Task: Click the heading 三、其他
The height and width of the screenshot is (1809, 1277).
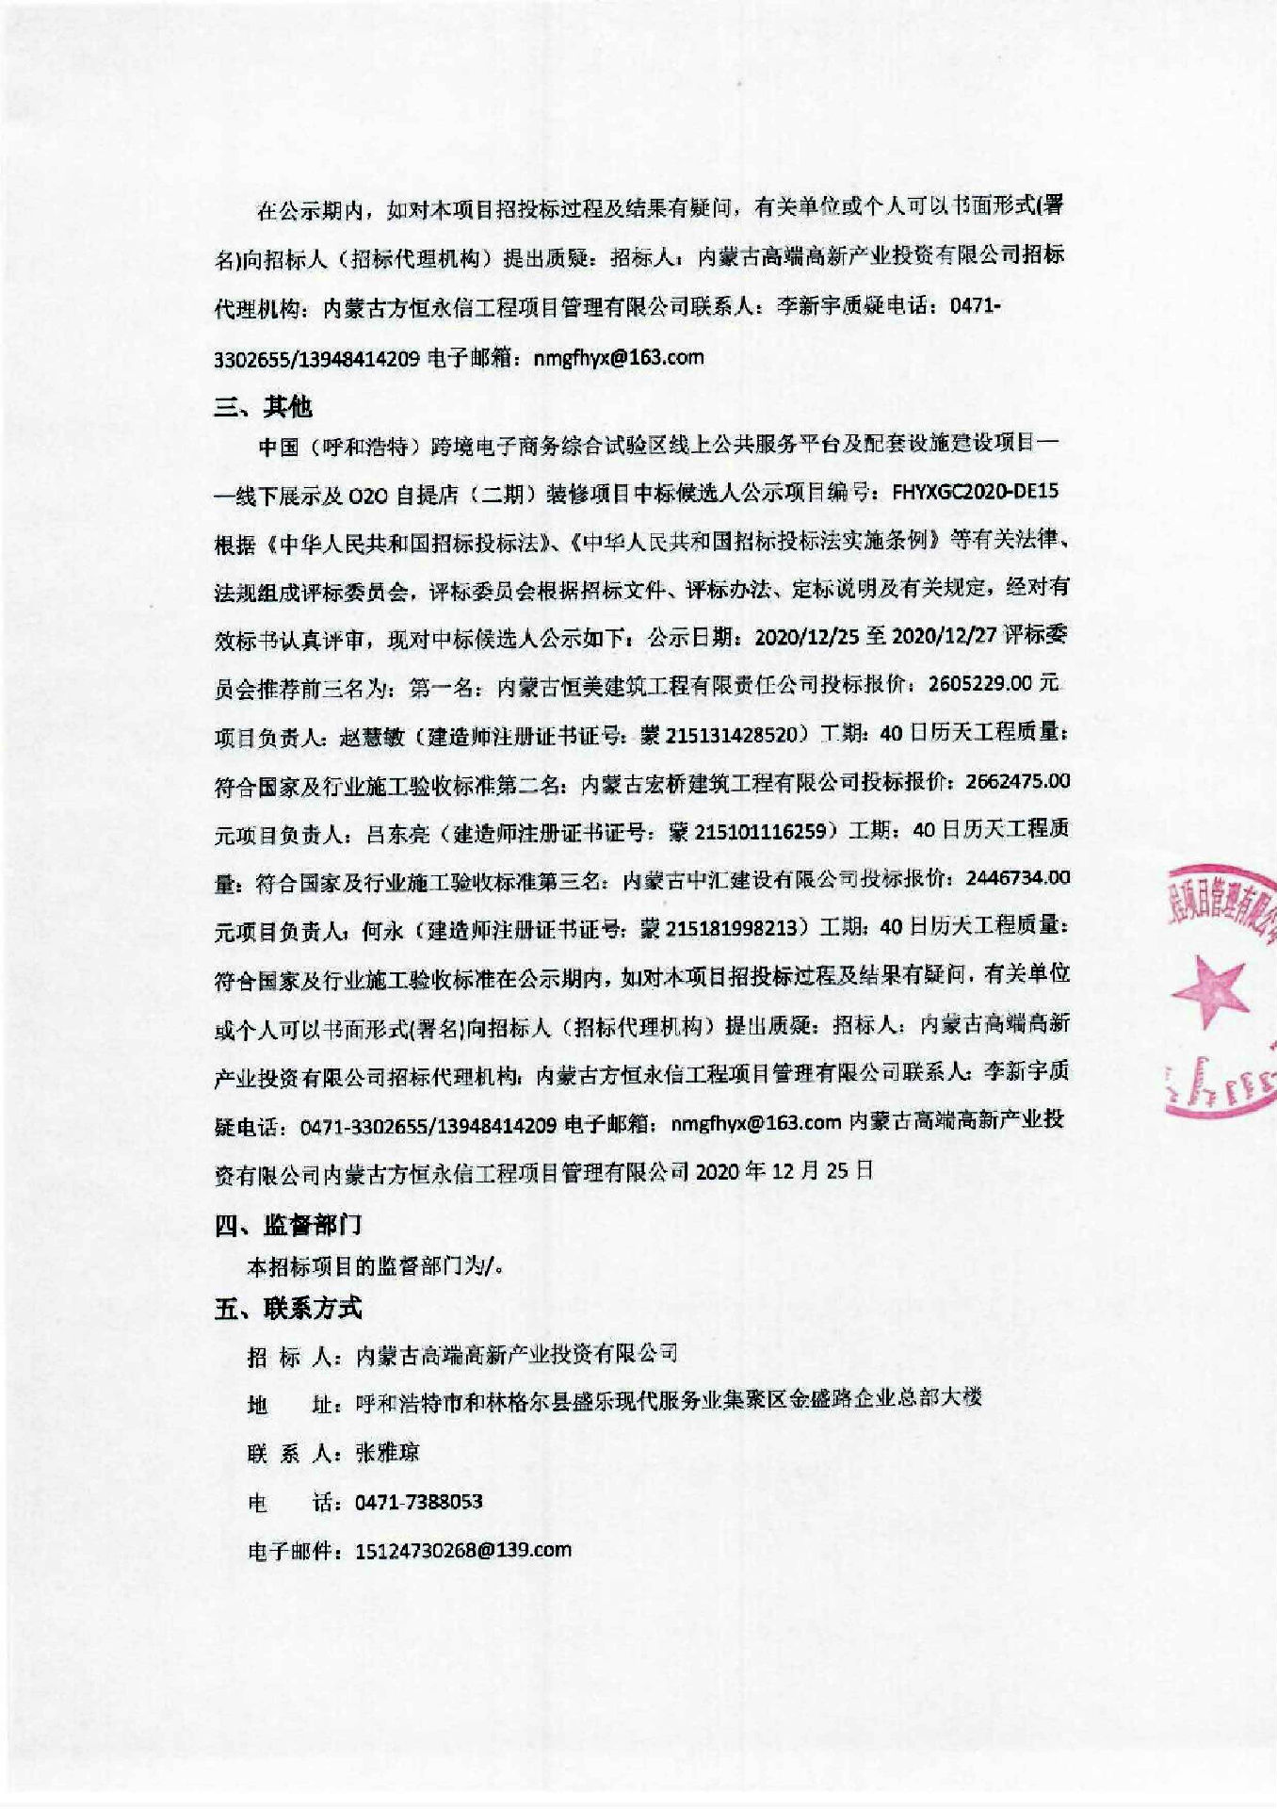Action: [x=263, y=406]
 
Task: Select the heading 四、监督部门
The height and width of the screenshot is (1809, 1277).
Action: [x=287, y=1224]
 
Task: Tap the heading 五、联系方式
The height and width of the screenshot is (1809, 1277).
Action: [x=287, y=1308]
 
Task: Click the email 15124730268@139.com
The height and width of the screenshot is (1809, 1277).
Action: [x=462, y=1550]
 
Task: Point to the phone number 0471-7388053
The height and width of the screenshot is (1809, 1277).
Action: [x=418, y=1501]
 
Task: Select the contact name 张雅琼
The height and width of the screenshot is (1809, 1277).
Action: [x=387, y=1452]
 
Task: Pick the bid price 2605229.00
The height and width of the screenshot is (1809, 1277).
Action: [x=979, y=683]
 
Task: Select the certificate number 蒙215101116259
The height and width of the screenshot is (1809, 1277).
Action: [x=748, y=831]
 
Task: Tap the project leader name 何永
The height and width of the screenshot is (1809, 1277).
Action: [x=382, y=930]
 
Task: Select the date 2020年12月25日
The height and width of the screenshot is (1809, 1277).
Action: [x=784, y=1171]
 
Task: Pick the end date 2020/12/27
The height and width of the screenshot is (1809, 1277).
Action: [x=943, y=635]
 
